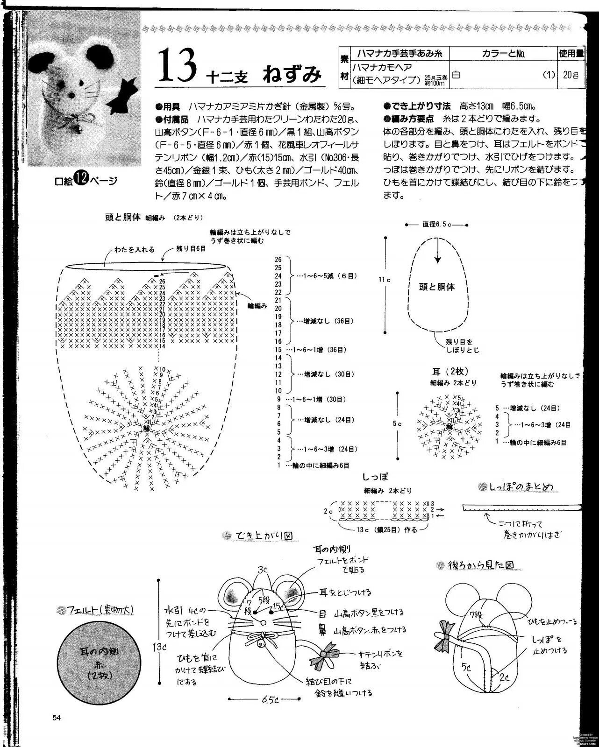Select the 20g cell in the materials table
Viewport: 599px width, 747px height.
tap(570, 75)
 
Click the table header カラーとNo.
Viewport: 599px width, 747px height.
tap(503, 54)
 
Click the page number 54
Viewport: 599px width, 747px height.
tap(57, 718)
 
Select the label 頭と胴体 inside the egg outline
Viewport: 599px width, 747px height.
tap(437, 287)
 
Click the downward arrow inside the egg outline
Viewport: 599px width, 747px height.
tap(437, 254)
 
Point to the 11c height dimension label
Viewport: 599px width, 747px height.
tap(384, 279)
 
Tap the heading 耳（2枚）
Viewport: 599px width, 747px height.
tap(450, 371)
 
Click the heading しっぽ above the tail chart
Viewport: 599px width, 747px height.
tap(375, 477)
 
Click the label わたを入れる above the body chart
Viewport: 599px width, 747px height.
tap(135, 250)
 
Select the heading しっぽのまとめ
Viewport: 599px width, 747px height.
tap(521, 487)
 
